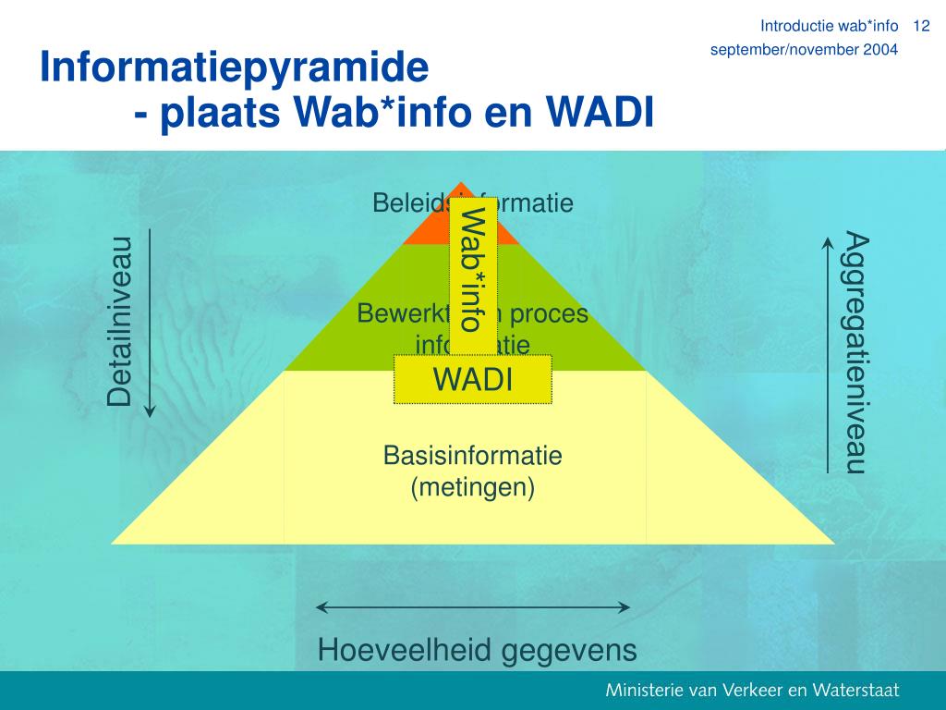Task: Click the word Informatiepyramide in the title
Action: pos(235,67)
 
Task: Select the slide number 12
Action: pos(920,25)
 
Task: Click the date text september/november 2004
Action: pos(804,50)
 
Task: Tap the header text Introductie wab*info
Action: pos(829,25)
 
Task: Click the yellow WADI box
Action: pos(472,379)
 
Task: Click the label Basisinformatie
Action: pos(472,456)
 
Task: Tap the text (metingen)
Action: pos(472,487)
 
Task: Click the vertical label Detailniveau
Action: pos(119,322)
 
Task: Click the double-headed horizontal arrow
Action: pos(472,607)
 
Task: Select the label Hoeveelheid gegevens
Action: pos(477,650)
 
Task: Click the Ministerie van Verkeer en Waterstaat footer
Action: pos(752,691)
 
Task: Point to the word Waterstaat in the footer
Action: pos(855,691)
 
